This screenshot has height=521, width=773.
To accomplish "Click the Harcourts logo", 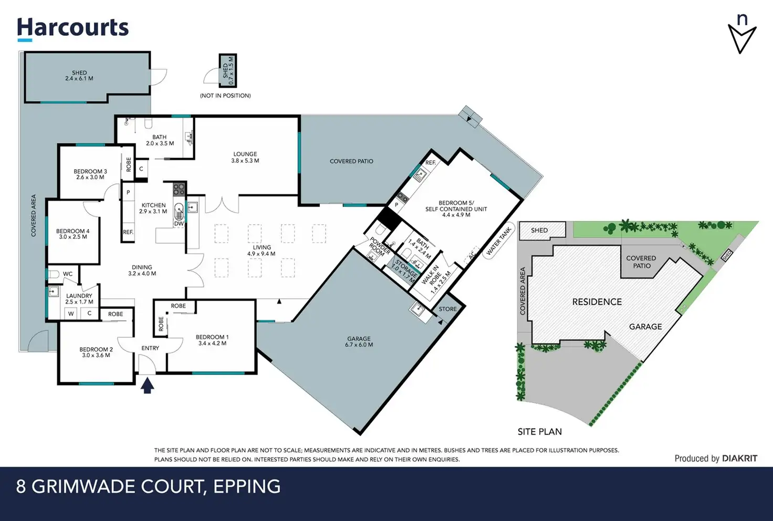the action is [73, 29].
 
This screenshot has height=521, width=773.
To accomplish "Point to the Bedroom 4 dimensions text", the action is [73, 237].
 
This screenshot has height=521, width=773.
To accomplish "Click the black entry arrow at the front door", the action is [148, 385].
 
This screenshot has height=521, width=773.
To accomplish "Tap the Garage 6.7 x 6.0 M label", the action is [359, 341].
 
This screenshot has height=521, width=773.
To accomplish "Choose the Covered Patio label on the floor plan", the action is [351, 161].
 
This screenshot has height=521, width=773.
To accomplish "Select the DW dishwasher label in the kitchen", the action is [179, 224].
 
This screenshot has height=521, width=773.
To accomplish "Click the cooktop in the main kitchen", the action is [179, 189].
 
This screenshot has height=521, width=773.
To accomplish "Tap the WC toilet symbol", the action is [54, 275].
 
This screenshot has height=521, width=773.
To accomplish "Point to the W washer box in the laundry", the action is [71, 314].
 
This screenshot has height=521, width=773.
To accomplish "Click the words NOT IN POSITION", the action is [225, 96].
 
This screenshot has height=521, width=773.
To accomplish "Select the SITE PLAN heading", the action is [540, 432].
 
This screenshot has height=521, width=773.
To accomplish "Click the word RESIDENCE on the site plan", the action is [597, 302].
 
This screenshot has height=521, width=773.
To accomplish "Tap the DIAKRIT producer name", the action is [739, 459].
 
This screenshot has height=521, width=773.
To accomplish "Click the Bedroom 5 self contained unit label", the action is [456, 209].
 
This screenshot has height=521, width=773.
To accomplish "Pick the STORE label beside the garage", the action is [447, 309].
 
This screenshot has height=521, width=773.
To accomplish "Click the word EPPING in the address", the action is [247, 486].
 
